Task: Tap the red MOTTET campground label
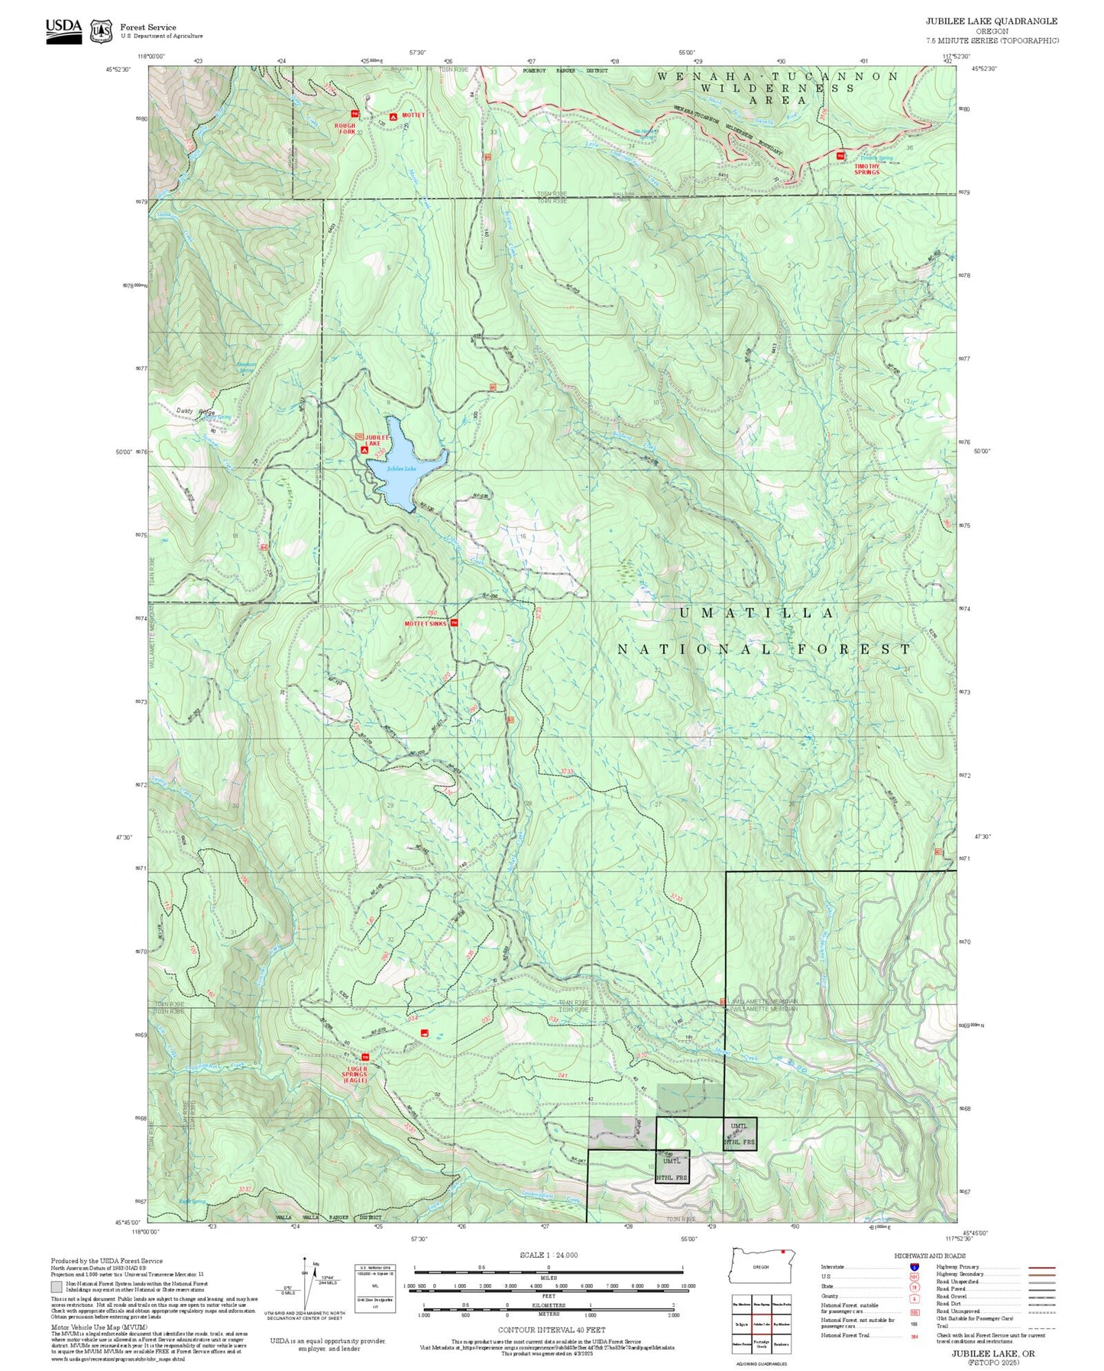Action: [413, 115]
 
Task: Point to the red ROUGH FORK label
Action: [345, 129]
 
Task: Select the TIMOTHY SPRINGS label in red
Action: [867, 170]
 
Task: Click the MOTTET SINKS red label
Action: [426, 624]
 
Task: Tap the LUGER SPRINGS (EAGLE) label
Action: [355, 1075]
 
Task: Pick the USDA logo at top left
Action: [63, 31]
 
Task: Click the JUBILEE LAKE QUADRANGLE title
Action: [992, 21]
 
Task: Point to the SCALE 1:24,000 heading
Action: [549, 1255]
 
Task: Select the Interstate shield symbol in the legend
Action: [914, 1266]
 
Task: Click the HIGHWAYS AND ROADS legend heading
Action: [930, 1256]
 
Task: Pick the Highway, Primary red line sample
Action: [1042, 1267]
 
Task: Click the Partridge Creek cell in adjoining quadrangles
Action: [761, 1345]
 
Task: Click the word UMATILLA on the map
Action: [756, 614]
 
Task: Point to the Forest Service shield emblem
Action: [101, 31]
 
